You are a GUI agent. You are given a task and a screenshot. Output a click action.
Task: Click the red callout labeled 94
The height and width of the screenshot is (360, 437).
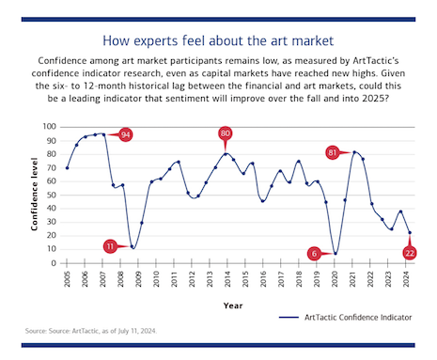click(125, 134)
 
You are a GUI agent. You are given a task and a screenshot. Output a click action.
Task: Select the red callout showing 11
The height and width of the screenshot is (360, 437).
click(110, 246)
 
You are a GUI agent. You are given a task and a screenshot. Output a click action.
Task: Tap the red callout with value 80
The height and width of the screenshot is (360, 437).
click(226, 133)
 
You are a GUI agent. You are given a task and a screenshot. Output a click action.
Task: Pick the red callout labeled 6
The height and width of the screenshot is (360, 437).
click(314, 253)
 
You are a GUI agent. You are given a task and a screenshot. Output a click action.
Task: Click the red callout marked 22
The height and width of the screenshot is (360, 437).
click(410, 252)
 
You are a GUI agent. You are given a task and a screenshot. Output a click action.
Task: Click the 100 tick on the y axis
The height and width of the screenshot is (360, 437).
click(50, 126)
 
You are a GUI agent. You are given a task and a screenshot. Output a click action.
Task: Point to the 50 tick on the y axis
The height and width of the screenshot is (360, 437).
click(53, 195)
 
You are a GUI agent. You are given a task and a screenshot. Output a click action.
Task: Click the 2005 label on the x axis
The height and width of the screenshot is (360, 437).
click(68, 279)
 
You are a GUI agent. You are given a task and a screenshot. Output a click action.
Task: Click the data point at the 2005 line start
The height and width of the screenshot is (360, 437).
click(68, 167)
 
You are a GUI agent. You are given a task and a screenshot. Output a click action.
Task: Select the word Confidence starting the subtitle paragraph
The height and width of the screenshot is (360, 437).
click(66, 58)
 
